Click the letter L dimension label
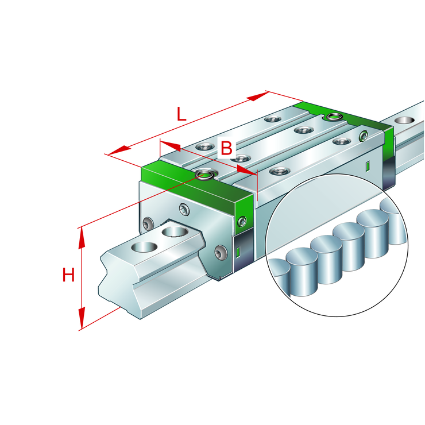click(x=181, y=114)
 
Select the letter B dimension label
click(x=227, y=148)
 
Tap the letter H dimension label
click(x=68, y=276)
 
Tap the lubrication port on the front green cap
click(x=203, y=173)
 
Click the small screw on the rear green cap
click(x=363, y=136)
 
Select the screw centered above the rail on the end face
click(x=184, y=210)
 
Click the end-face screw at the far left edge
click(x=149, y=223)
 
